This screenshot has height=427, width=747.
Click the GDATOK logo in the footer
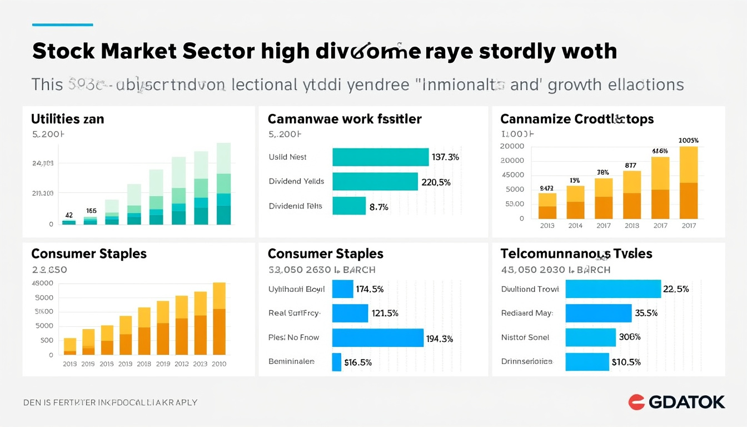pos(676,402)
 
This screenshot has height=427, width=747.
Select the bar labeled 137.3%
pos(380,157)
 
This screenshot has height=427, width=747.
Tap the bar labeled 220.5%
pos(375,181)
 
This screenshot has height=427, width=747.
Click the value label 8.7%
pos(379,207)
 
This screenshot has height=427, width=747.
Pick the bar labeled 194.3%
pos(377,337)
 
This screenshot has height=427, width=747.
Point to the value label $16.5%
pos(358,362)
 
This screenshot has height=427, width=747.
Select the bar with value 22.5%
pos(613,289)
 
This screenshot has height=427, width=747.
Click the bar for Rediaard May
pos(599,313)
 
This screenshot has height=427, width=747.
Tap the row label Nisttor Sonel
pos(525,337)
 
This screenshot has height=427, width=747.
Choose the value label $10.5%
pos(626,362)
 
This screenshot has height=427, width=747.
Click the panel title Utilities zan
pos(67,119)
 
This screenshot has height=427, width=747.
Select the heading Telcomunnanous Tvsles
pos(576,254)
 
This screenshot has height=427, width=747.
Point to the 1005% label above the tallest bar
pos(689,141)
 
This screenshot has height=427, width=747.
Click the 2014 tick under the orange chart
pos(575,226)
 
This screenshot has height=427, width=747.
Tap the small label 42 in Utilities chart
pos(69,215)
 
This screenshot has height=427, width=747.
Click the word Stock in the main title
pos(62,51)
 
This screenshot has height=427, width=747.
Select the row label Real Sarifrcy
pos(293,313)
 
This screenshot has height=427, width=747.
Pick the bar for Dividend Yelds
pos(375,181)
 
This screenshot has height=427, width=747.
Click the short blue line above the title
pos(62,24)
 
